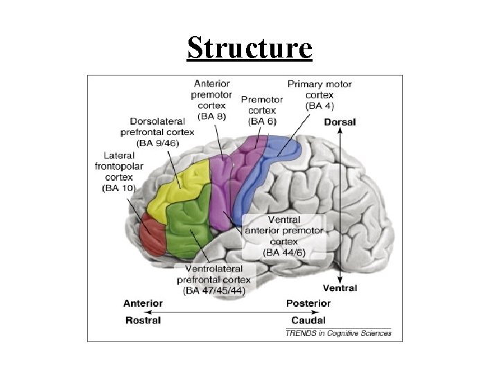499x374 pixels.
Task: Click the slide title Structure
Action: pyautogui.click(x=249, y=48)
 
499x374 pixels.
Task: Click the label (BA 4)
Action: pyautogui.click(x=319, y=106)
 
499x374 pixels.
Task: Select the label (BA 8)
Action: pyautogui.click(x=211, y=116)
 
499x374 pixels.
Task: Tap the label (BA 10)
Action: pyautogui.click(x=119, y=188)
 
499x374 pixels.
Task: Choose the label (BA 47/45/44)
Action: pyautogui.click(x=213, y=290)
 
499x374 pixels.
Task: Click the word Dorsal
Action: pyautogui.click(x=340, y=123)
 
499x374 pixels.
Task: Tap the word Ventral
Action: pyautogui.click(x=340, y=288)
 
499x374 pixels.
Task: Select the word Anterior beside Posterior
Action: pyautogui.click(x=143, y=303)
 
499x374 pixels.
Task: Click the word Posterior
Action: pyautogui.click(x=308, y=303)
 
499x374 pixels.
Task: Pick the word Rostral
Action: pyautogui.click(x=143, y=320)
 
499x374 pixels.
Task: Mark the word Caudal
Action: pyautogui.click(x=308, y=320)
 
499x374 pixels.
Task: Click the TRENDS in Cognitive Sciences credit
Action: pyautogui.click(x=339, y=333)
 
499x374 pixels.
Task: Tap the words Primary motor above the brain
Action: pyautogui.click(x=319, y=84)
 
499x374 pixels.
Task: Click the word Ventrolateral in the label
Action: pyautogui.click(x=213, y=268)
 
